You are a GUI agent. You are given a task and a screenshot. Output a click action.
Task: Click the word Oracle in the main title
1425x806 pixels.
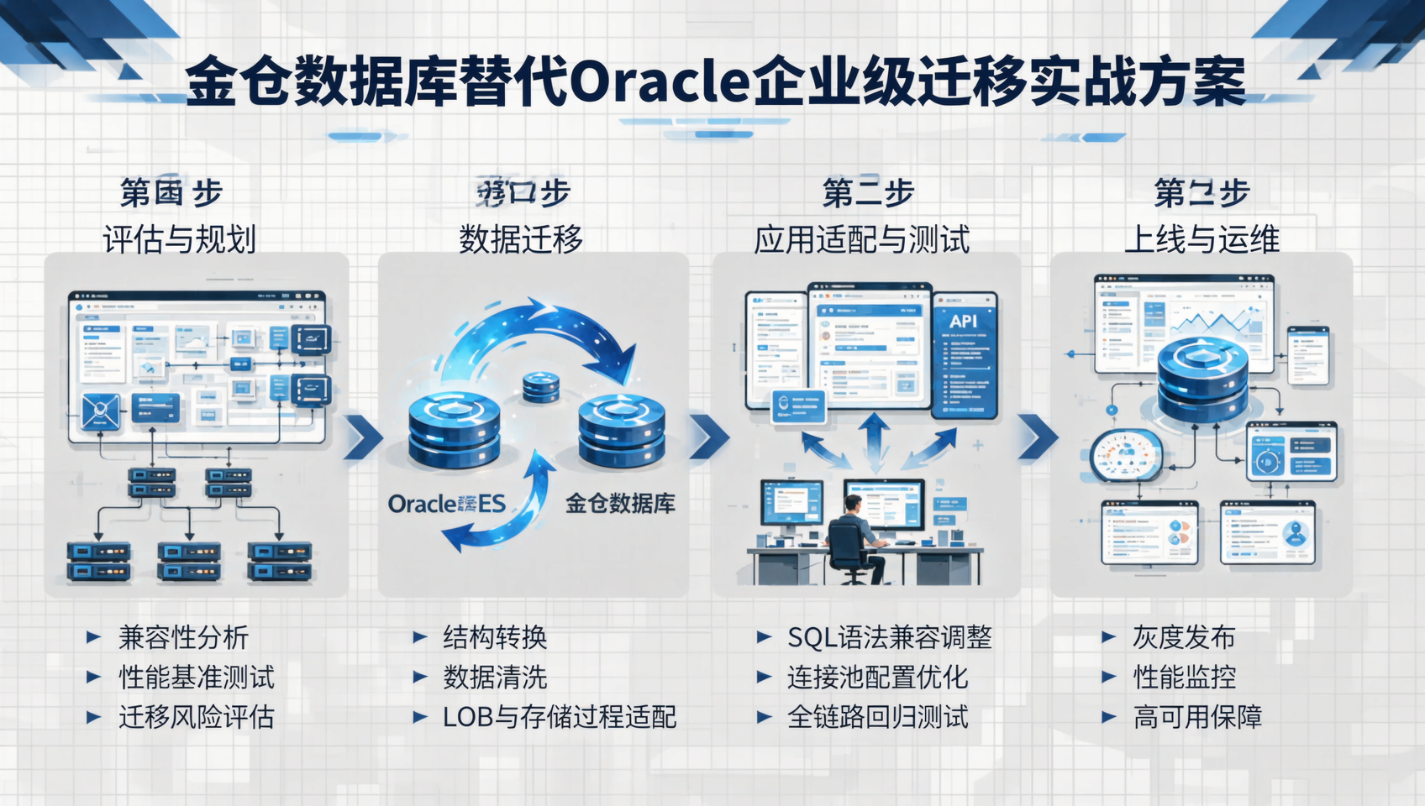[660, 81]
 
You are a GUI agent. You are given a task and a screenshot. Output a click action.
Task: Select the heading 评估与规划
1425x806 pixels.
[179, 239]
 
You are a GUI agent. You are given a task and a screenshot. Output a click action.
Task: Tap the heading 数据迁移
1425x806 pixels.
[521, 239]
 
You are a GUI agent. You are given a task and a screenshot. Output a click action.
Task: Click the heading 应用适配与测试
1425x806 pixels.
[861, 239]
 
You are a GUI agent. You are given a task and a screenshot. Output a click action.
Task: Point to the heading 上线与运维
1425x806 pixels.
[1202, 239]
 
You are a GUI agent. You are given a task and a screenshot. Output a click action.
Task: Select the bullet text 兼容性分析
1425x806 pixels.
[183, 637]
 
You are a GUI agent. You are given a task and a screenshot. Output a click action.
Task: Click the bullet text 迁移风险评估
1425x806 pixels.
[197, 717]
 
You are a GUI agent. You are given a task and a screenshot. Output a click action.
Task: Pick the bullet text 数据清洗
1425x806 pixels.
[495, 677]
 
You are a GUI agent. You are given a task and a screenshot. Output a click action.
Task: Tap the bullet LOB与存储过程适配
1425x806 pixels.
[560, 717]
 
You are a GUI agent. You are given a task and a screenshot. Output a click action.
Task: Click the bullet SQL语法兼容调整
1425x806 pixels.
[889, 637]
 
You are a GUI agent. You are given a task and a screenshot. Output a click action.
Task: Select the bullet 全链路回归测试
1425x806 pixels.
[877, 717]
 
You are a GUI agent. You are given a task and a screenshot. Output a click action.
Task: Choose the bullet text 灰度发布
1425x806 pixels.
[1183, 637]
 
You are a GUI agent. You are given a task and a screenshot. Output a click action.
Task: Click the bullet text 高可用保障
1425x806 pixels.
[1197, 717]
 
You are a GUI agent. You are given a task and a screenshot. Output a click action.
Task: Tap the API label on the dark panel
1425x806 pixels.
[963, 322]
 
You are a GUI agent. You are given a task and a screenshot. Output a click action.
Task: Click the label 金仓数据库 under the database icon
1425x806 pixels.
[620, 504]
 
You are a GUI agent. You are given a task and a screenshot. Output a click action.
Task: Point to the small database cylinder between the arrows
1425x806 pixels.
[540, 388]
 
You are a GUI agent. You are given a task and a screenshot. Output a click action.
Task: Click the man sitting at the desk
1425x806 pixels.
[854, 537]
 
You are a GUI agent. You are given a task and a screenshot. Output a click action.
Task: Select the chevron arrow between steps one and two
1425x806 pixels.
[363, 437]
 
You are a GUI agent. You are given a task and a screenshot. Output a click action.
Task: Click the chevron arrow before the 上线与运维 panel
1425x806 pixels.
[1038, 437]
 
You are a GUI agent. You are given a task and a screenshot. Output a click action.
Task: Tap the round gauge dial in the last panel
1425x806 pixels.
[1126, 456]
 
